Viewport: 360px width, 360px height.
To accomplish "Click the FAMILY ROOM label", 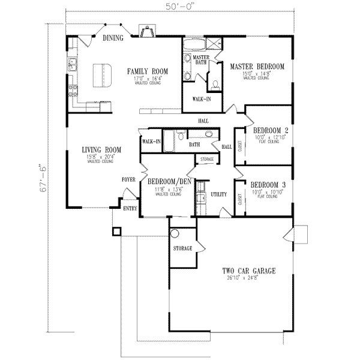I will (x=145, y=71).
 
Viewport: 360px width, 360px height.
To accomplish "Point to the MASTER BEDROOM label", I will (x=257, y=67).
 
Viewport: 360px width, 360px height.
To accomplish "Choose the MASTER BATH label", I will (x=200, y=59).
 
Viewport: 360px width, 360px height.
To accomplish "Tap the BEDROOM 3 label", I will (x=268, y=185).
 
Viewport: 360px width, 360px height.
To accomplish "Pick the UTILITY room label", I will (x=218, y=194).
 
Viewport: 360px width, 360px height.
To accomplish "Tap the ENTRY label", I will (x=130, y=209).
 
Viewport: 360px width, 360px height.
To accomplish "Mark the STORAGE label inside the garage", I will (x=182, y=248).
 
